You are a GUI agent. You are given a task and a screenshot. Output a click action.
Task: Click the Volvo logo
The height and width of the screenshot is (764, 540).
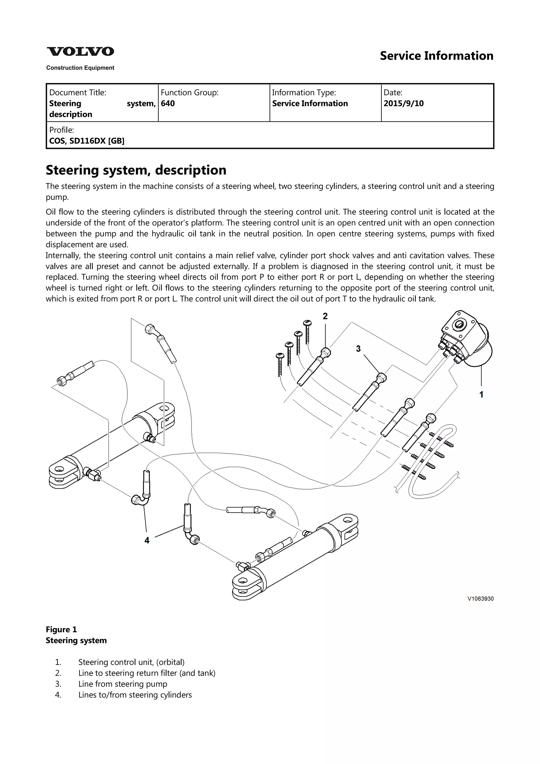click(80, 52)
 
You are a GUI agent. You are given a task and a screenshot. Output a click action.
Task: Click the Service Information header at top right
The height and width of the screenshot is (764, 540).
click(437, 56)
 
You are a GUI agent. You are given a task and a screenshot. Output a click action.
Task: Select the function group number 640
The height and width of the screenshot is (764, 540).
click(168, 104)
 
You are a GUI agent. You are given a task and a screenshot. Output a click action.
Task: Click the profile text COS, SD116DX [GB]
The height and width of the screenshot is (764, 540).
click(87, 141)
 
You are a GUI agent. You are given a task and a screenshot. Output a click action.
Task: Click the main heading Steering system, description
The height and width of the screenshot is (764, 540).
click(136, 170)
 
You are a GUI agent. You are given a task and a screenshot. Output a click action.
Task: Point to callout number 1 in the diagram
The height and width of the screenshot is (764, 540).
click(481, 395)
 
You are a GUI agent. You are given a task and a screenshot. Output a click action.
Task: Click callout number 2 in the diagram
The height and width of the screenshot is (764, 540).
click(325, 316)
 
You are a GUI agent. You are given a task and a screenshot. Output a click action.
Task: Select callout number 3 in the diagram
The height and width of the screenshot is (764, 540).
click(358, 349)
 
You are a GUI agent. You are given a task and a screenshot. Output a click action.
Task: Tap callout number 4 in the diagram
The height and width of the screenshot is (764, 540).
click(147, 540)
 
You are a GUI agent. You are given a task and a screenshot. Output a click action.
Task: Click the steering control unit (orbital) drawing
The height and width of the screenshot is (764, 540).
click(466, 339)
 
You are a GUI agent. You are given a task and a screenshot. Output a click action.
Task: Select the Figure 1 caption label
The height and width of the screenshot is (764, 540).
click(61, 630)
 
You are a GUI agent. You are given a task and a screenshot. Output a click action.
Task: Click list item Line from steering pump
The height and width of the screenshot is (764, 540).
click(123, 684)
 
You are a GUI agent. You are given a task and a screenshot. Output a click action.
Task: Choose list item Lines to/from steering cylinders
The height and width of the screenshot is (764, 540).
click(135, 695)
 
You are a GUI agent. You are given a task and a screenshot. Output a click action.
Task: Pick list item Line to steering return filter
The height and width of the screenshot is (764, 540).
click(147, 673)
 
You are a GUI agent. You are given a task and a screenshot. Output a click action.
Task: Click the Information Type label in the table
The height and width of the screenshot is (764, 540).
click(304, 93)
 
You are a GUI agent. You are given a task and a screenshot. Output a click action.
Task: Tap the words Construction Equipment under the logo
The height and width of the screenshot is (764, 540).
click(80, 68)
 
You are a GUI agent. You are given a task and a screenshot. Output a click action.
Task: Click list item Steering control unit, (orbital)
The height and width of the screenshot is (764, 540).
click(131, 662)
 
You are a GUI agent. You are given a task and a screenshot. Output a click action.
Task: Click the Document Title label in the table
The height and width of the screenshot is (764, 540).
click(78, 93)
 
